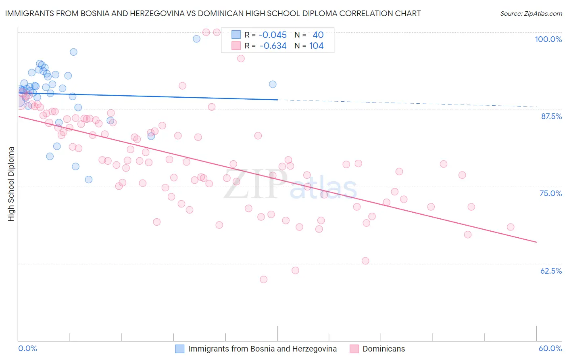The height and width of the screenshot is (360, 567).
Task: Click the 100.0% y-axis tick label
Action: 548,39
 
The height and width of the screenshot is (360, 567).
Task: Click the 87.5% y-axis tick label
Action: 551,116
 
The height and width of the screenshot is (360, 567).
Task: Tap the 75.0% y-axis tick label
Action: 550,193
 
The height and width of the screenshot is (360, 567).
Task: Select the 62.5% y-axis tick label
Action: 551,271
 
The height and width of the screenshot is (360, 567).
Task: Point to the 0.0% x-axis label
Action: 27,348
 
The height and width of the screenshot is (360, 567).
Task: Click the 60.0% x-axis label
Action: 550,348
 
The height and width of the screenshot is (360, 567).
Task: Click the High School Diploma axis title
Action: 11,184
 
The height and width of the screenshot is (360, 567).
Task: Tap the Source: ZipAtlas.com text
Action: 531,14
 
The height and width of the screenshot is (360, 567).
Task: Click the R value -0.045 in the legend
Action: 273,35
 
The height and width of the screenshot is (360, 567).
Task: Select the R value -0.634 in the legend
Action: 273,46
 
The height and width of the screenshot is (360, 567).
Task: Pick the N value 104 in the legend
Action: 316,46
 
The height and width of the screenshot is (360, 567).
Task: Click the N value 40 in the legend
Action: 318,35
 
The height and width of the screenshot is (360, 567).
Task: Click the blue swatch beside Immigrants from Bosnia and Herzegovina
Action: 180,349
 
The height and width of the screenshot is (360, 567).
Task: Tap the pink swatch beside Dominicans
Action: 354,349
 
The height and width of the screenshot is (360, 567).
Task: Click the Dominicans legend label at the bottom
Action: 384,349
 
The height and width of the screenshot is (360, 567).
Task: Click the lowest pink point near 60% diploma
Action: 263,279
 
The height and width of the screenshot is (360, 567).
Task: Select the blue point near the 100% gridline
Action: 196,39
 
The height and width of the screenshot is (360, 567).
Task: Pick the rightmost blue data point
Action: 273,84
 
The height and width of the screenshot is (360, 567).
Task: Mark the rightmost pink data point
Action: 511,227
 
